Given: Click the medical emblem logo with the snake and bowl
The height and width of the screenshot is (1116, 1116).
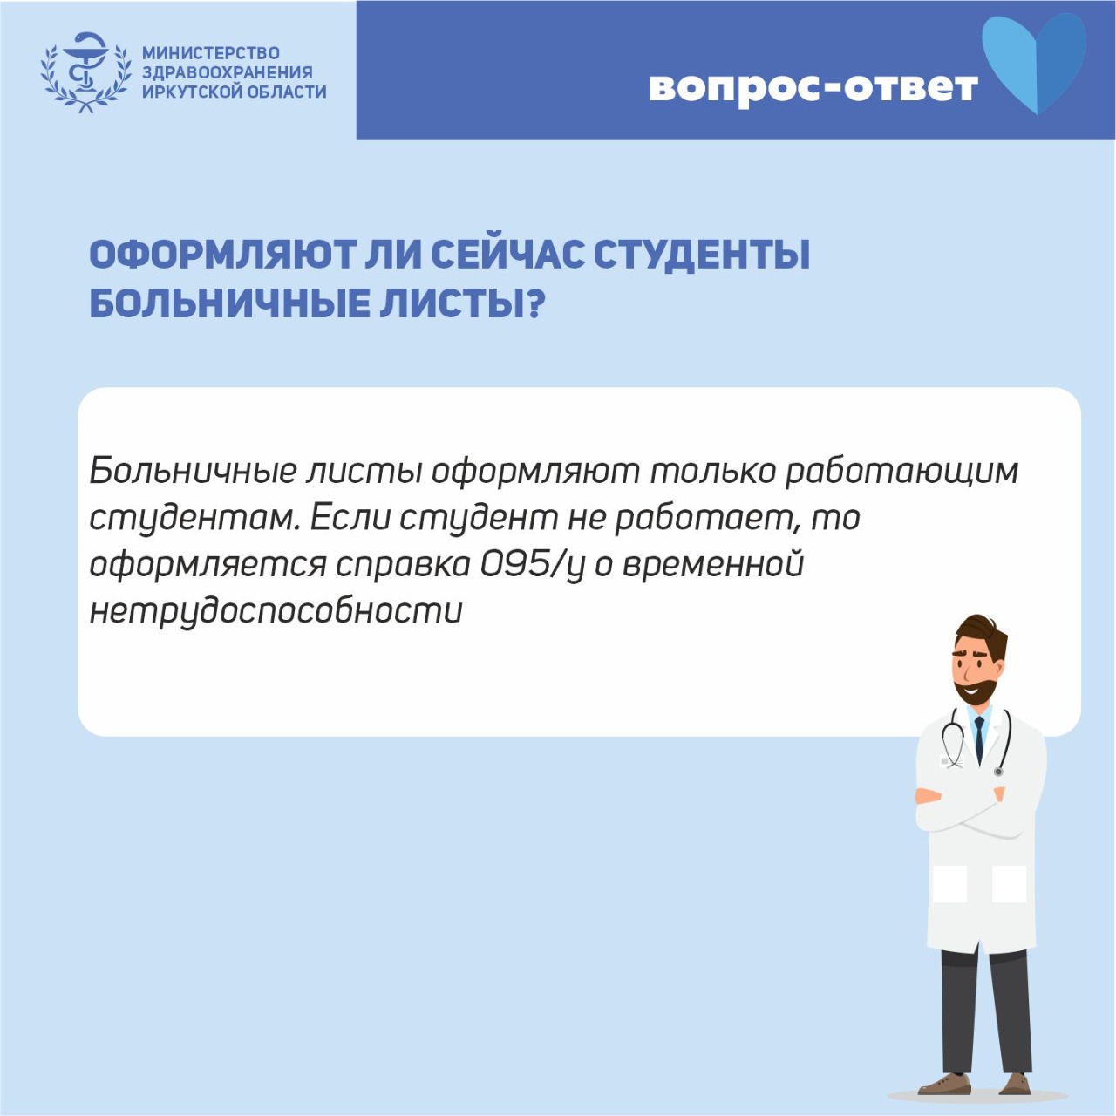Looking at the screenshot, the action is coord(85,71).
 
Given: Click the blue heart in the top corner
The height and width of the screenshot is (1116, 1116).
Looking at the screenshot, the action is coord(1034,63).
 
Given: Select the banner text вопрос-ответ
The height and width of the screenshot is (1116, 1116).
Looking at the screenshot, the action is coord(813,87).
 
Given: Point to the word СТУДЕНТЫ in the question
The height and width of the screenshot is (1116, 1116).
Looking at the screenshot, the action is coord(702,255).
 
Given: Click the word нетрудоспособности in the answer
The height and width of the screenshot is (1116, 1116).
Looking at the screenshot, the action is coord(276,611).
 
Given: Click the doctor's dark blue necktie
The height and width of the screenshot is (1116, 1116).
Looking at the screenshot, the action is coord(979,739).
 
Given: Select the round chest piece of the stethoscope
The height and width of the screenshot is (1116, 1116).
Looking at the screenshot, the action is coord(998,772).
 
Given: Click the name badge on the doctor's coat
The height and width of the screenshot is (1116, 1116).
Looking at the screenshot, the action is coord(949,760).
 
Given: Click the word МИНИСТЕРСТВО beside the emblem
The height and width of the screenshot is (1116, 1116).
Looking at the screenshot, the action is coord(211,53).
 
